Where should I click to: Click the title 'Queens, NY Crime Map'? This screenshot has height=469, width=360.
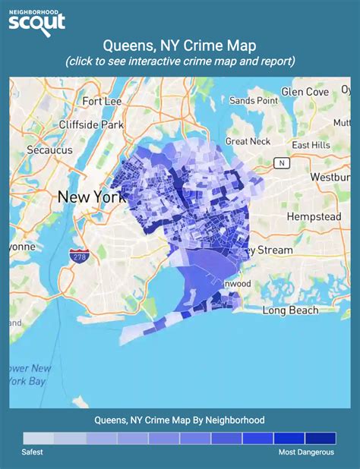(180, 46)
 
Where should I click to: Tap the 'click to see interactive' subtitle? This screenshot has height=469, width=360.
(180, 61)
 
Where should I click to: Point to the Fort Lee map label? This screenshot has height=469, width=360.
(103, 101)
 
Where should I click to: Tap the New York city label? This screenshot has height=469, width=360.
(90, 197)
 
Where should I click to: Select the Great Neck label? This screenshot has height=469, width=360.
(248, 141)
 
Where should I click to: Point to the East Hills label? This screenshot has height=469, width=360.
(311, 145)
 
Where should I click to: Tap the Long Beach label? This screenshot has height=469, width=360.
(288, 310)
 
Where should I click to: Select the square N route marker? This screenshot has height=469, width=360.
(282, 162)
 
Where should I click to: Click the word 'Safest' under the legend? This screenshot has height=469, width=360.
(33, 452)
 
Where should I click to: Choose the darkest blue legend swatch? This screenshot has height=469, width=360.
(320, 438)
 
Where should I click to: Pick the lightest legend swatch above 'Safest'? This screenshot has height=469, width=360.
(39, 438)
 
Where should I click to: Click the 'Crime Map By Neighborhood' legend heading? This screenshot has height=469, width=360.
(180, 420)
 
